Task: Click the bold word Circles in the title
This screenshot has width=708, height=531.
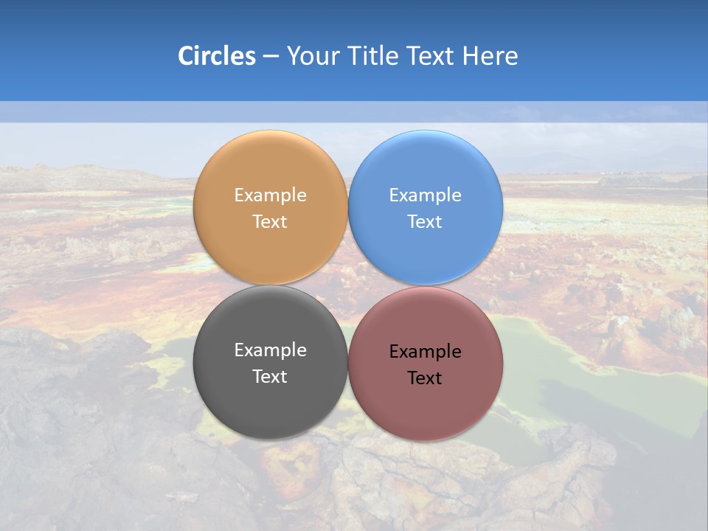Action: [216, 56]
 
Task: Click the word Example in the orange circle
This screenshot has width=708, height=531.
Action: [270, 195]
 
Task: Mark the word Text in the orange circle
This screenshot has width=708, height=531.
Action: [270, 222]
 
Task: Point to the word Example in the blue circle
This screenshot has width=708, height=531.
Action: [426, 195]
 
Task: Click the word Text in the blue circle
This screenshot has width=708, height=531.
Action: [426, 222]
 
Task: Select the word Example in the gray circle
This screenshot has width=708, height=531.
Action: [270, 350]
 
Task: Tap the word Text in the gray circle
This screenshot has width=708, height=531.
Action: [270, 377]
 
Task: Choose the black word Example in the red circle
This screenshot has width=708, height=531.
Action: [426, 352]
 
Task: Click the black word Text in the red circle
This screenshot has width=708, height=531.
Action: [426, 378]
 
